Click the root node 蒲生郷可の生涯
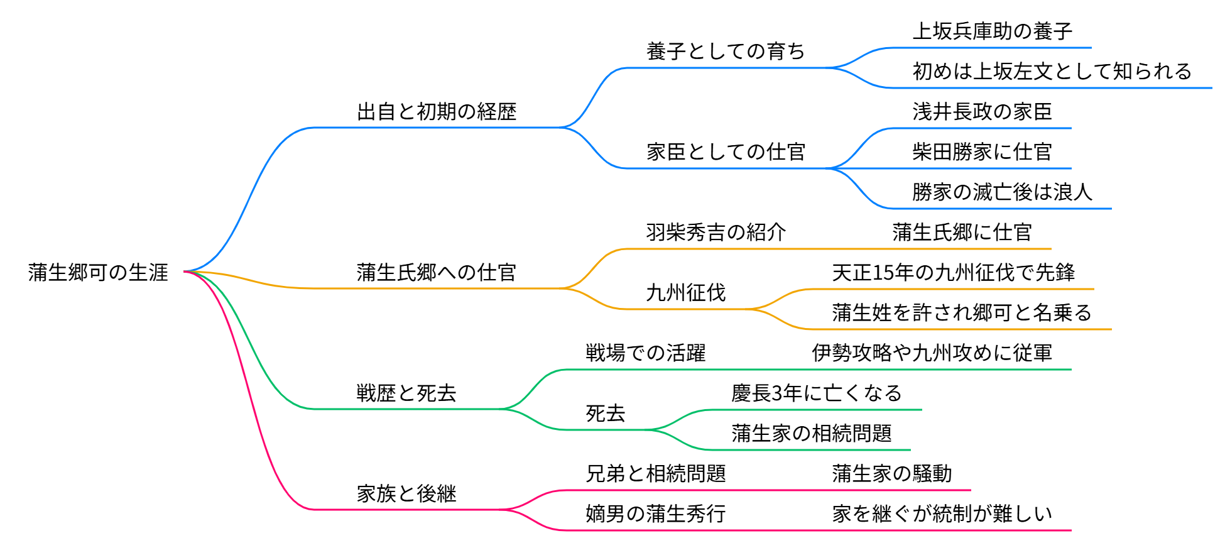click(98, 272)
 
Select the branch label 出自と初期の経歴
click(437, 112)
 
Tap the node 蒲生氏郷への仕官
click(437, 273)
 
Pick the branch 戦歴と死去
click(406, 393)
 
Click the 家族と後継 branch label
click(406, 494)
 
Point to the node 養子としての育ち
click(726, 52)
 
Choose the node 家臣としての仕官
click(726, 152)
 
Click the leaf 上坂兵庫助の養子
click(992, 31)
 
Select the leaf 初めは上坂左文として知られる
click(1052, 72)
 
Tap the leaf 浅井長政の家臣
click(982, 112)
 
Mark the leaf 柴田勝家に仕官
click(982, 152)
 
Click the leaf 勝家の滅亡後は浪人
click(1002, 192)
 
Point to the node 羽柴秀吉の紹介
click(716, 233)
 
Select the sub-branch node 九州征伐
click(685, 293)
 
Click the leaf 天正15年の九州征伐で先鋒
click(953, 273)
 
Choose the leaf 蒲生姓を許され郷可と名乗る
click(962, 313)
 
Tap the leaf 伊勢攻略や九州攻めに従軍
click(932, 353)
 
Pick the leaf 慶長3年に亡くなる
click(816, 393)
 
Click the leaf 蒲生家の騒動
click(891, 474)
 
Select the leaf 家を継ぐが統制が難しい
click(942, 514)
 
